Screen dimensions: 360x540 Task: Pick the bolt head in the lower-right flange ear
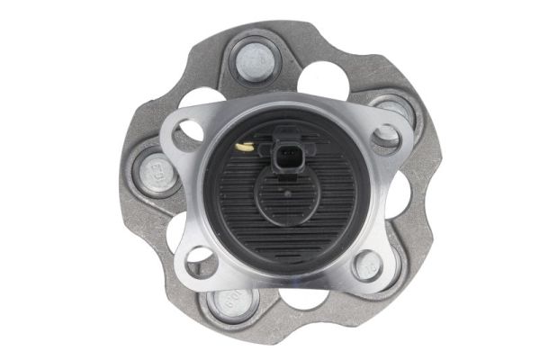click(368, 264)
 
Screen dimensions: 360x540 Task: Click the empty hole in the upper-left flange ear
click(187, 133)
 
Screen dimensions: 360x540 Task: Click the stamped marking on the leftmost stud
click(146, 170)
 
